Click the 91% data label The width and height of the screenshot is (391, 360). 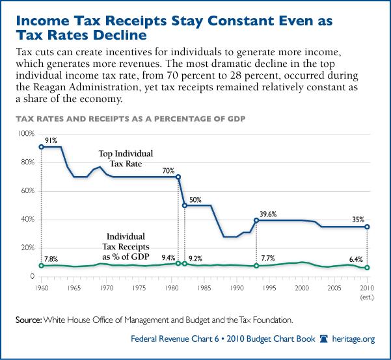pos(52,140)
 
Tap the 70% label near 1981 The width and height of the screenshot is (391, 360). pos(169,170)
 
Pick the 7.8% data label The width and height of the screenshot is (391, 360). pos(52,259)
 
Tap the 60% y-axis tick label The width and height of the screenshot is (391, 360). pos(26,191)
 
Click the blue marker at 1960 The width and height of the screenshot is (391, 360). pos(42,147)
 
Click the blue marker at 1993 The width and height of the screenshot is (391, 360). pos(256,220)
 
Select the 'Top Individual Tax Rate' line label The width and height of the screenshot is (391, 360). pos(126,159)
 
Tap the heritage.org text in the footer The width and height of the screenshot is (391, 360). pos(358,340)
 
